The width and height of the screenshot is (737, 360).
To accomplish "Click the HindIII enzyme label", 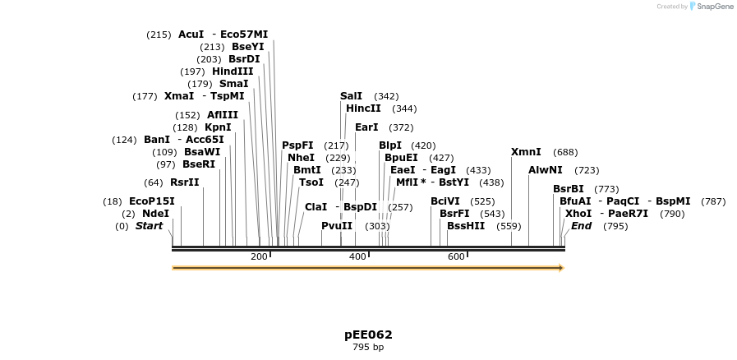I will point(233,72).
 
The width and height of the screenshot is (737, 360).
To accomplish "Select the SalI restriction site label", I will point(351,96).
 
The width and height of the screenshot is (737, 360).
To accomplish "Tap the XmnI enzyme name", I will point(526,152).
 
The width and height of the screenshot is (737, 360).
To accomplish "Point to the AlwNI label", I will point(546,169).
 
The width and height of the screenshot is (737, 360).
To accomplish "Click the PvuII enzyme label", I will point(337,225).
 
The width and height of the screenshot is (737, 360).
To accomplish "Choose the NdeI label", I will point(155,214).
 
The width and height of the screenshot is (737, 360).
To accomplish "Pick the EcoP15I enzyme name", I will point(152,201).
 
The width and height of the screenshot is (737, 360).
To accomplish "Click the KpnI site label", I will point(218,127).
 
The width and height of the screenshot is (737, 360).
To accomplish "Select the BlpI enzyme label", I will point(390,145).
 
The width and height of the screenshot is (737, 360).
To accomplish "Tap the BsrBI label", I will point(569,189).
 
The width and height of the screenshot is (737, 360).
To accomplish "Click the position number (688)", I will point(565,152).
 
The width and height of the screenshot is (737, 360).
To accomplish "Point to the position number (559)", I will point(509,226).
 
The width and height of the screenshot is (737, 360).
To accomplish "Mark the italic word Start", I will point(150,226).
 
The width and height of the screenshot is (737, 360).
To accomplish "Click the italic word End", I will point(581,226).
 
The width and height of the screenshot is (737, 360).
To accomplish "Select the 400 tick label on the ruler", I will point(357,257).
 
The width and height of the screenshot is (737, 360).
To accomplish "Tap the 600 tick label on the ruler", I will point(456,257).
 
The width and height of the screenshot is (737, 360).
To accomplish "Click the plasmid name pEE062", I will point(368,335).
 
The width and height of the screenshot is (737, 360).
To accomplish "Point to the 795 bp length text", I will point(368,348).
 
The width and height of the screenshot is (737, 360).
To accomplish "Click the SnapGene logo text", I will point(713,7).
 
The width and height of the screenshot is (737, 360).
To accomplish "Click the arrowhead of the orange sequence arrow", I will point(561,268).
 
